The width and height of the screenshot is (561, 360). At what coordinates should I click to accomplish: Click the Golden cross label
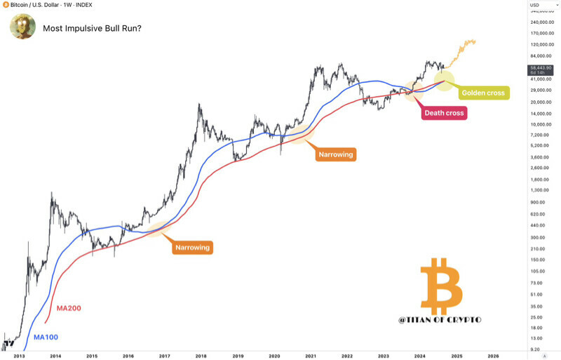coord(482,93)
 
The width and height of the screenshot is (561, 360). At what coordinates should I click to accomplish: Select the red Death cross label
coord(443,112)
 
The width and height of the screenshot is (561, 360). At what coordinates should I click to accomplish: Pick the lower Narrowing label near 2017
coord(192,247)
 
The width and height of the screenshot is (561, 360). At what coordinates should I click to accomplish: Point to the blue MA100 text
coord(45,337)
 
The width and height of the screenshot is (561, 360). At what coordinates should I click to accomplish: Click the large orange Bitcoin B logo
coord(441,287)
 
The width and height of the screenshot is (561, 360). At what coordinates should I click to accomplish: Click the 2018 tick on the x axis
coord(201,356)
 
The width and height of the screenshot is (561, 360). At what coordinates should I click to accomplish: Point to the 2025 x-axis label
coord(456,356)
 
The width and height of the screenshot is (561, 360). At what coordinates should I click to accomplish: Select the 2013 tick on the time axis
coord(19,356)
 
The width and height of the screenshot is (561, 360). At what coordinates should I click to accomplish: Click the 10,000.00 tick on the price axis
coord(540,124)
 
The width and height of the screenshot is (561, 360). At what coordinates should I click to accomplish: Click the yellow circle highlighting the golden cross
coord(445,79)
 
